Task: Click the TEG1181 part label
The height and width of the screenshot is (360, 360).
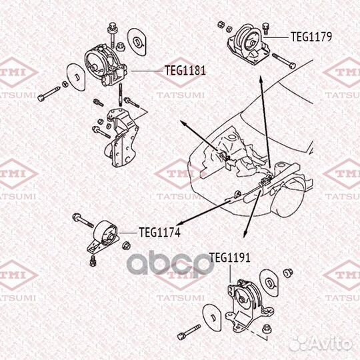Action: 185,68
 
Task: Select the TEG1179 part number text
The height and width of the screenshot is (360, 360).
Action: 311,37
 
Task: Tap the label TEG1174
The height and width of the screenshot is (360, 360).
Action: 159,233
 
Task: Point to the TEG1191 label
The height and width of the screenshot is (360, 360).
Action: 229,257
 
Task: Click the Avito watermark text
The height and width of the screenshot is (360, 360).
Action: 333,344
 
